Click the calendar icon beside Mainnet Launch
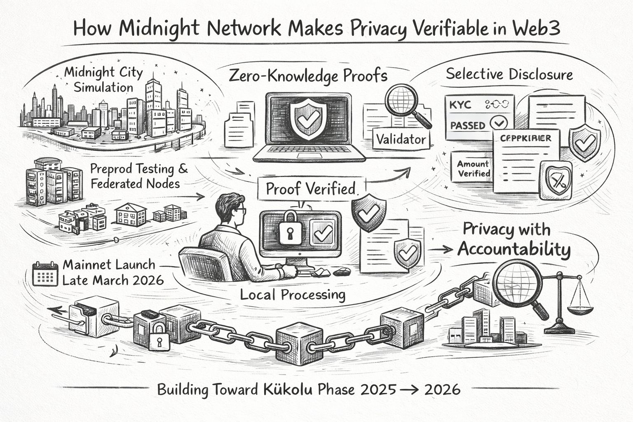45,273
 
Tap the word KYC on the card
460,105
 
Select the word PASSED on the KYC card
468,125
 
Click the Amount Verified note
473,169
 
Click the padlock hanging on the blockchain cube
159,335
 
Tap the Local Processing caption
293,294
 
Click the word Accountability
514,249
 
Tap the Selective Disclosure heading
509,75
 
